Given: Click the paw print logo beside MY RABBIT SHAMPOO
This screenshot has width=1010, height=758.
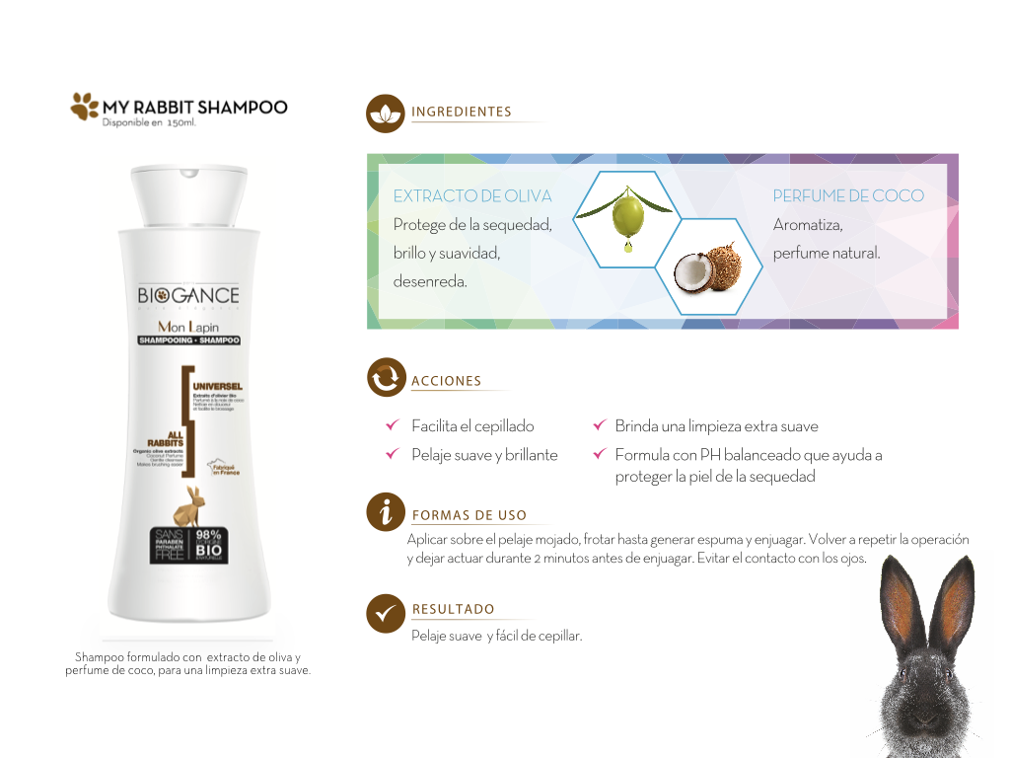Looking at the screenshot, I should [x=85, y=106].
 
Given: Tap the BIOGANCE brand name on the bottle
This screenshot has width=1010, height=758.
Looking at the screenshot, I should [x=188, y=295].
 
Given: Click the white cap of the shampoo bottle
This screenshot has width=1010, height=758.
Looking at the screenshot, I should [x=189, y=193].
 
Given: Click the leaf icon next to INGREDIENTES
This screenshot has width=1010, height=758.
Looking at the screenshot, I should [x=385, y=114].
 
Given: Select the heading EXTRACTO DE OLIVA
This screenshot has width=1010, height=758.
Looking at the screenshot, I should [x=472, y=195].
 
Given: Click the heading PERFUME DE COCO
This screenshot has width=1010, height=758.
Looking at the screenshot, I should [x=848, y=195].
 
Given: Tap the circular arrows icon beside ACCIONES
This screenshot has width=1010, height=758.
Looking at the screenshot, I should [x=386, y=378].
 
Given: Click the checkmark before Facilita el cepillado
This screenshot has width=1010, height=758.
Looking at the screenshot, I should [x=392, y=426].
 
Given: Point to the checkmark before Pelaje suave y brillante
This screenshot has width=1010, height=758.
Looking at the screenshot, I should [x=392, y=455].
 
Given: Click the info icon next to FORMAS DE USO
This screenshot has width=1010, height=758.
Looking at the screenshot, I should [x=386, y=511].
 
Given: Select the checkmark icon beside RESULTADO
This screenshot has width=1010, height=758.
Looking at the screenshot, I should [x=386, y=613].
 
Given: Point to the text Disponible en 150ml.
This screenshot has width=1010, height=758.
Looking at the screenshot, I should [x=149, y=123].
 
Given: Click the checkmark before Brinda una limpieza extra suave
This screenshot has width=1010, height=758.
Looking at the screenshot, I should [x=598, y=426].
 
